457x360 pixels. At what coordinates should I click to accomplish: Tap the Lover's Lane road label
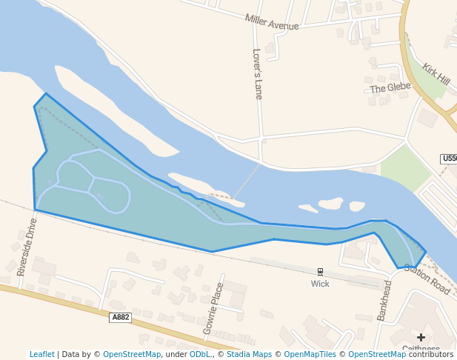[x=258, y=74]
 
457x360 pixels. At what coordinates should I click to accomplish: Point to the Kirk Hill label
[x=436, y=73]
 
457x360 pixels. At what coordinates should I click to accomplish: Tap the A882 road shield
[x=120, y=317]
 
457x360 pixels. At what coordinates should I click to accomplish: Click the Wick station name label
[x=320, y=284]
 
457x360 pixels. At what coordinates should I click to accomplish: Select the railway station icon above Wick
[x=320, y=272]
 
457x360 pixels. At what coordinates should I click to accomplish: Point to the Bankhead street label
[x=384, y=300]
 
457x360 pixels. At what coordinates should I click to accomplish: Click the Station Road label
[x=427, y=279]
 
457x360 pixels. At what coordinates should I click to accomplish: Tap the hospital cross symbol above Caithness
[x=421, y=338]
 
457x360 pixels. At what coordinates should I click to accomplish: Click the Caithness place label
[x=421, y=349]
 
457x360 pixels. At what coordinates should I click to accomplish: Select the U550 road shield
[x=449, y=159]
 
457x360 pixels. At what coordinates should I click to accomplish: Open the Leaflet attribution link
[x=42, y=354]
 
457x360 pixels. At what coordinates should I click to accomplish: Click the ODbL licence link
[x=199, y=354]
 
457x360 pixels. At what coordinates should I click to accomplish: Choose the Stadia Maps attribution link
[x=248, y=354]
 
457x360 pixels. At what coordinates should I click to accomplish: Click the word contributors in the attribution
[x=431, y=354]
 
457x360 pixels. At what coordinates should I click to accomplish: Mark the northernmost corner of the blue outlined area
[x=46, y=93]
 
